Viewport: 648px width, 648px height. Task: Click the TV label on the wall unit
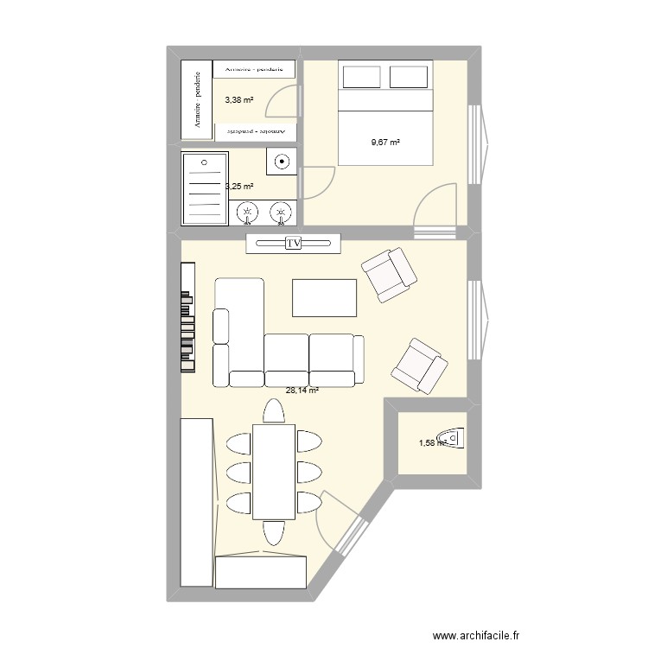tap(293, 245)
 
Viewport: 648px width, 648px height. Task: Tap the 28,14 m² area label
tap(302, 391)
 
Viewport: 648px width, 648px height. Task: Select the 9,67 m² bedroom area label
tap(385, 142)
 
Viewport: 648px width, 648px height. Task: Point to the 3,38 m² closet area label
tap(239, 100)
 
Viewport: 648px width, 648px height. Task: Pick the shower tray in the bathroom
tap(204, 188)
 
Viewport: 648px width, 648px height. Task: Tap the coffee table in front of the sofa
tap(325, 297)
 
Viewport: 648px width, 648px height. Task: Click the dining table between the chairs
tap(274, 471)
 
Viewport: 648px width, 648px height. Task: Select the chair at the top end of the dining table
tap(274, 412)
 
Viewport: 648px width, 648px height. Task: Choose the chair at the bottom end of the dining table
tap(274, 532)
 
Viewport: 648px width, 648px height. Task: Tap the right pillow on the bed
tap(410, 76)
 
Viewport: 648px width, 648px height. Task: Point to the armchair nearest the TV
tap(389, 274)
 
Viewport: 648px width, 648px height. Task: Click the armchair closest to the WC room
tap(419, 364)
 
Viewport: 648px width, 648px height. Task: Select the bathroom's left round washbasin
tap(248, 211)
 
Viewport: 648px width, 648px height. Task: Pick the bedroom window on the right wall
tap(476, 143)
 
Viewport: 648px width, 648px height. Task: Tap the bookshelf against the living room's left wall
tap(187, 317)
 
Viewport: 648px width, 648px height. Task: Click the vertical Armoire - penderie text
tap(198, 101)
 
